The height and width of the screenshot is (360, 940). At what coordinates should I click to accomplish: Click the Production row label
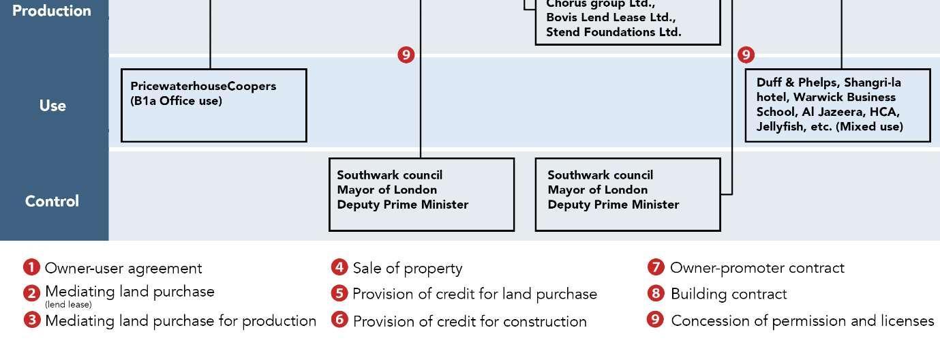pyautogui.click(x=52, y=11)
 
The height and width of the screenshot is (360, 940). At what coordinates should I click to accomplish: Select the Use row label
pyautogui.click(x=52, y=106)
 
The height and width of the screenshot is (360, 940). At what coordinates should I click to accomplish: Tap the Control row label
pyautogui.click(x=52, y=201)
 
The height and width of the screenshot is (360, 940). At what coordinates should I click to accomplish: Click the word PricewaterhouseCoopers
pyautogui.click(x=203, y=87)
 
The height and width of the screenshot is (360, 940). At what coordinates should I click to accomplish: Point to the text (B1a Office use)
pyautogui.click(x=176, y=101)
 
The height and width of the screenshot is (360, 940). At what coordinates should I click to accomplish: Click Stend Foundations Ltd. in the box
pyautogui.click(x=613, y=32)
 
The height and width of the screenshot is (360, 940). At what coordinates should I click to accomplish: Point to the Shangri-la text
pyautogui.click(x=873, y=82)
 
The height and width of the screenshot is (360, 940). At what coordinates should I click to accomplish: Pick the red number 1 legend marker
pyautogui.click(x=31, y=267)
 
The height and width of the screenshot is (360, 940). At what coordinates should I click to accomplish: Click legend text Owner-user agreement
pyautogui.click(x=123, y=269)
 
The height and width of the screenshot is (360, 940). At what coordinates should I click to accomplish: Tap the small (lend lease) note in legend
pyautogui.click(x=68, y=305)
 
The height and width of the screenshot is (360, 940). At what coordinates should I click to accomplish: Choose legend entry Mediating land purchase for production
pyautogui.click(x=181, y=320)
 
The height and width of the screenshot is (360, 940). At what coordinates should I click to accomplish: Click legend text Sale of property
pyautogui.click(x=408, y=269)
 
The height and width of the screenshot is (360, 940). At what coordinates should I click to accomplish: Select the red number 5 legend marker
pyautogui.click(x=339, y=293)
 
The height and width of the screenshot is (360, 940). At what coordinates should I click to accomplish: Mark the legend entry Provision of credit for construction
pyautogui.click(x=470, y=321)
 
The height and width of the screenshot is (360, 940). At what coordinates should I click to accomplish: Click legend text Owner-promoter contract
pyautogui.click(x=757, y=268)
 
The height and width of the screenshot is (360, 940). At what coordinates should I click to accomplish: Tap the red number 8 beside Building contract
pyautogui.click(x=656, y=294)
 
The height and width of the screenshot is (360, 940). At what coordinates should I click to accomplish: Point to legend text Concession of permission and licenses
pyautogui.click(x=802, y=320)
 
